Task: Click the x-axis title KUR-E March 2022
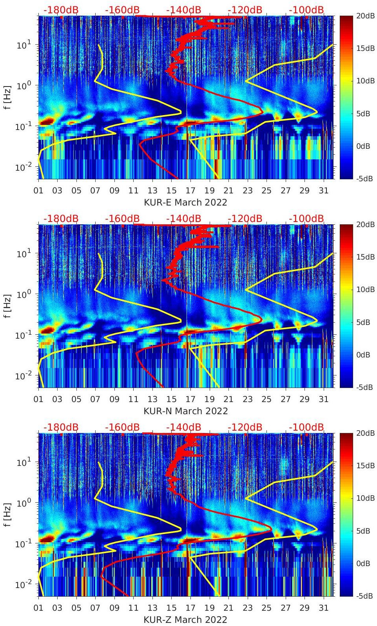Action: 185,202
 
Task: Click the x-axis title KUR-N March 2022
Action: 185,411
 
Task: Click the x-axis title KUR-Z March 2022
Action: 185,620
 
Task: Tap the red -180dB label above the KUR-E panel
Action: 61,10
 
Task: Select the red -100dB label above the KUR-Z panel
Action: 306,427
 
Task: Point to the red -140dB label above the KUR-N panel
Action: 183,218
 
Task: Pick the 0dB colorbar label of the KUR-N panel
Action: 363,355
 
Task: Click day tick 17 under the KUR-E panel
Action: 190,191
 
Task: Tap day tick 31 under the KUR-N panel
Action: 323,399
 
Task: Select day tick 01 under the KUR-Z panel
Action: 38,608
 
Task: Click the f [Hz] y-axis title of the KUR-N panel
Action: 7,305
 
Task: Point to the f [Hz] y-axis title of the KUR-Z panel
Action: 7,514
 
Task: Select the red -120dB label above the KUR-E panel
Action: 245,10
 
